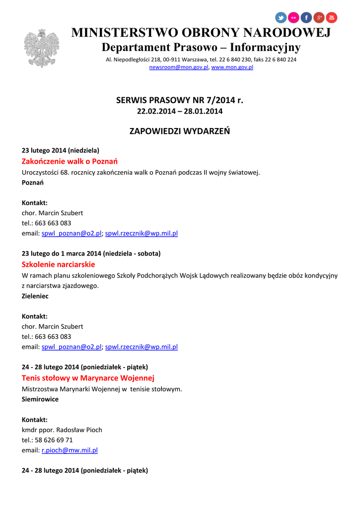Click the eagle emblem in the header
pos(41,48)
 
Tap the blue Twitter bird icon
pos(281,18)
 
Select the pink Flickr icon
pos(294,18)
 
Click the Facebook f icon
pos(306,18)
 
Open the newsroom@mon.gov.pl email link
pos(179,67)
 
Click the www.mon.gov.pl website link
pos(232,67)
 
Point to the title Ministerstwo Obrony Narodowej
pos(201,33)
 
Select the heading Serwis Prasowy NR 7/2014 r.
pos(180,100)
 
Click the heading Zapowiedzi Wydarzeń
pos(180,131)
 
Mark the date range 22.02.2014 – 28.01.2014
pos(180,111)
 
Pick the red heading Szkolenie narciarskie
pos(58,264)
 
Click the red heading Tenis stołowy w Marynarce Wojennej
pos(88,378)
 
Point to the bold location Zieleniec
pos(35,296)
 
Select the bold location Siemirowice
pos(40,399)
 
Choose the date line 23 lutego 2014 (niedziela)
pos(61,150)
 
